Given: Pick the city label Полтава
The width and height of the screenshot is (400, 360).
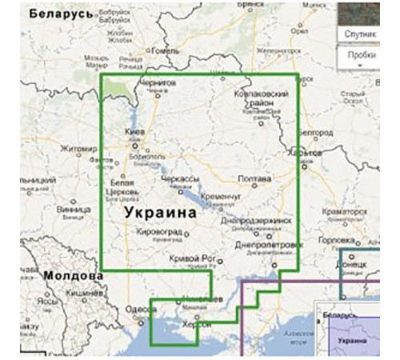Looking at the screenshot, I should tap(255, 178).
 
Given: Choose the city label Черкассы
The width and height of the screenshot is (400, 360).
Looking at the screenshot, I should tap(179, 178).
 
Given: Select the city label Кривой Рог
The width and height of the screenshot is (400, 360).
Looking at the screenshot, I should tap(194, 258).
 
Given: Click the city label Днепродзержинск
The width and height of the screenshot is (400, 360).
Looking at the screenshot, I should tap(258, 219).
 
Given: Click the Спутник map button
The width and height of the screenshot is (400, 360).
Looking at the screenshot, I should tap(361, 35).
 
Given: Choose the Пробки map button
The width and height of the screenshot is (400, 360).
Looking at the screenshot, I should tap(362, 57).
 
